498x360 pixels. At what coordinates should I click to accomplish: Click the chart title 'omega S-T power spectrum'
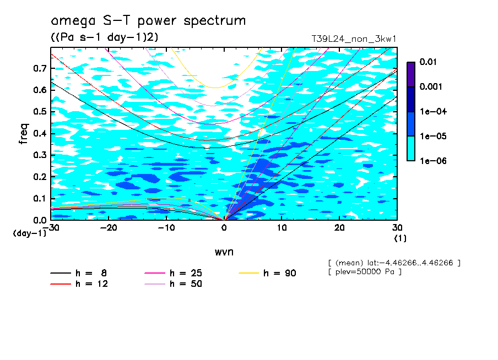tap(148, 21)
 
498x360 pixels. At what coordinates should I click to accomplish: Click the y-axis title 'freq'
tap(24, 134)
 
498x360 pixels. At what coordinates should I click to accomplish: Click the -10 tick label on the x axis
tap(166, 228)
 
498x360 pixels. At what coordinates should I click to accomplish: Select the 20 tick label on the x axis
tap(340, 228)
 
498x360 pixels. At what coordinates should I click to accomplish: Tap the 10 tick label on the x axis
tap(282, 228)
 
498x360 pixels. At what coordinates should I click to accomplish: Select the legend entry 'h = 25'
tap(186, 273)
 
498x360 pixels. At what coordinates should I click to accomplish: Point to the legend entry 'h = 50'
tap(186, 284)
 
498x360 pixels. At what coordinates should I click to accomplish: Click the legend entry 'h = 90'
tap(280, 273)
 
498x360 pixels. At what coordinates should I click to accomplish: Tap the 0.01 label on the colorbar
tap(428, 62)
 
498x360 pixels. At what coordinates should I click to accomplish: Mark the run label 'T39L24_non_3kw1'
tap(354, 39)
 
